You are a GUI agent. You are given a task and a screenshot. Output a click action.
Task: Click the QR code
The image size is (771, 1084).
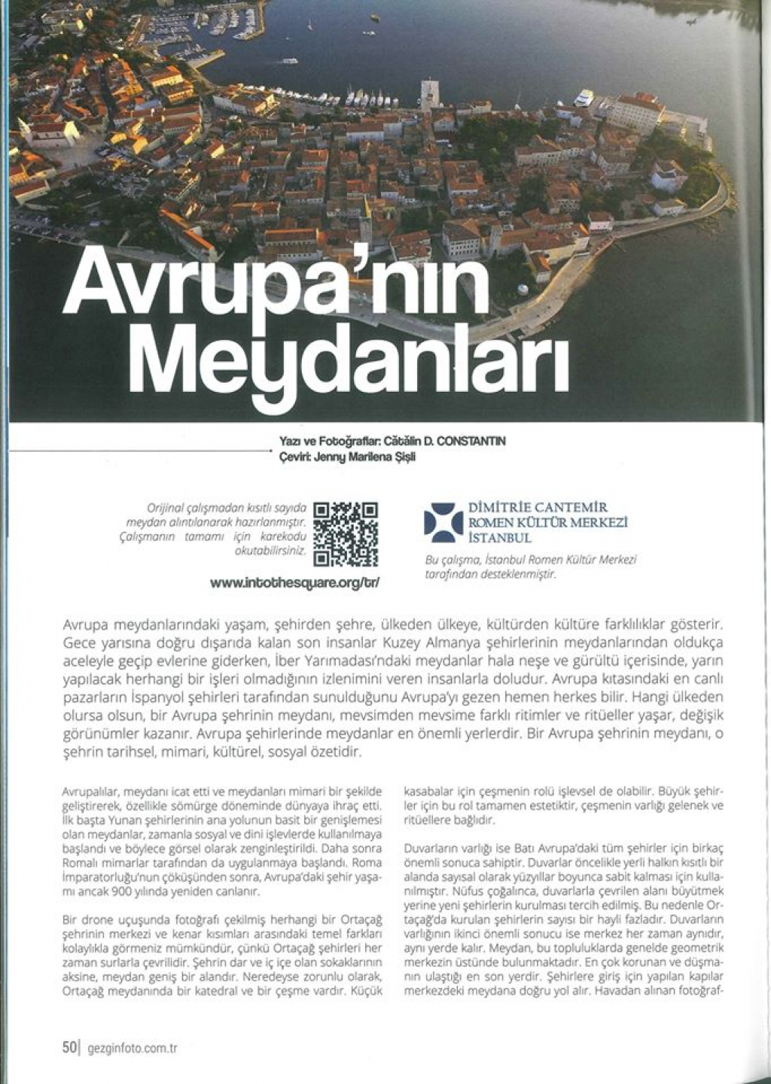[x=346, y=533]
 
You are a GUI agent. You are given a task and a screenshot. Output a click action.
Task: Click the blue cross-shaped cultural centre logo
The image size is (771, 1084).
[x=443, y=523]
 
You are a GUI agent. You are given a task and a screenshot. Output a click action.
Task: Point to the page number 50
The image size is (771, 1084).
[x=69, y=1046]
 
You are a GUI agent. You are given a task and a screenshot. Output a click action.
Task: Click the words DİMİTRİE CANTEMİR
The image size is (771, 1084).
[x=538, y=508]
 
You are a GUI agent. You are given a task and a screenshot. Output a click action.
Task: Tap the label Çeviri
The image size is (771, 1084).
[x=290, y=456]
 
